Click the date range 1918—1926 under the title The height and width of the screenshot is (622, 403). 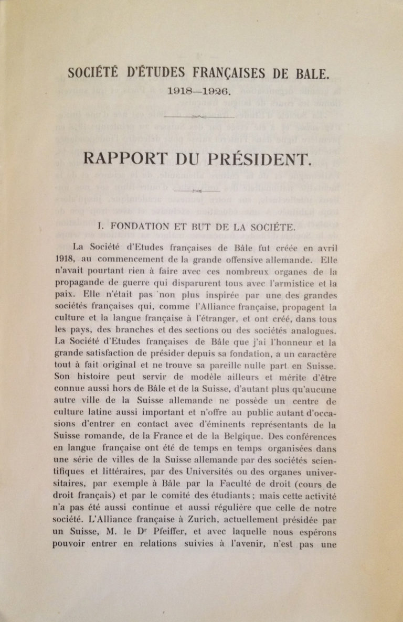pyautogui.click(x=198, y=91)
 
